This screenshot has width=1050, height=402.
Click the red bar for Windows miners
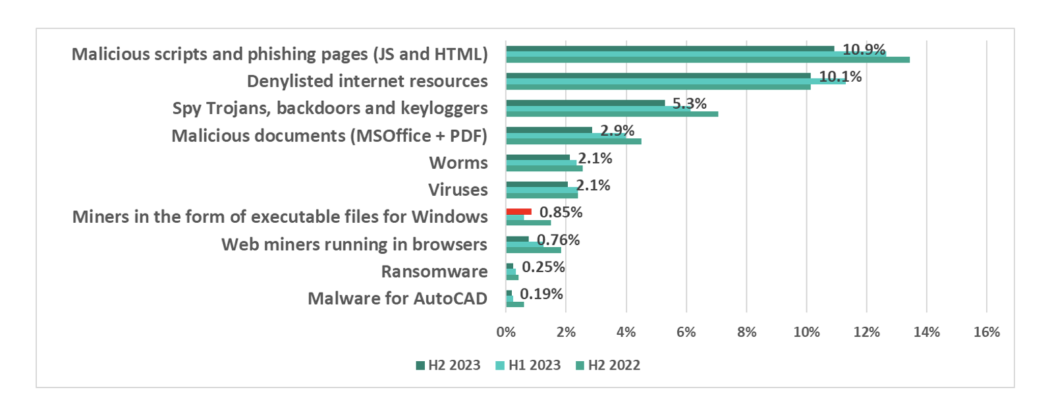point(518,212)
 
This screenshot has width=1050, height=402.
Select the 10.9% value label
point(864,49)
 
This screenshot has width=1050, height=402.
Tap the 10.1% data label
point(840,76)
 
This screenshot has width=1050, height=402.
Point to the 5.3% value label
point(689,103)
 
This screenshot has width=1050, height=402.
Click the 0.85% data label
point(561,212)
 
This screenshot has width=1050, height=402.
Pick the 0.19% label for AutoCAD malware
point(541,294)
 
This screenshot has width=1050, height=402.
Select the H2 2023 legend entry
point(448,365)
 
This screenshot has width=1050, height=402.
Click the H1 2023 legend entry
point(528,365)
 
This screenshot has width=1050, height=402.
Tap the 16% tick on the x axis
point(986,332)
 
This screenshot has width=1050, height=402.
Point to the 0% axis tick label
point(506,332)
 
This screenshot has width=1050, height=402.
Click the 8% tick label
point(746,332)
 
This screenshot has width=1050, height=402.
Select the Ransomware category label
point(434,272)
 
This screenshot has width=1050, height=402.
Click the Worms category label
point(458,163)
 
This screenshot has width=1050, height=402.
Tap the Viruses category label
point(458,190)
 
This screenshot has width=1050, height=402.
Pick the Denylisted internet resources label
point(367,81)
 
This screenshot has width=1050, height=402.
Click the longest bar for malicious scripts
point(707,60)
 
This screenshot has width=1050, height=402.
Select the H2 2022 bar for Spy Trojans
point(612,114)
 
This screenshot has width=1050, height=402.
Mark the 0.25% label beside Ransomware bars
point(543,267)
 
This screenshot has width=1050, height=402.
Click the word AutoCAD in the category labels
point(451,299)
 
